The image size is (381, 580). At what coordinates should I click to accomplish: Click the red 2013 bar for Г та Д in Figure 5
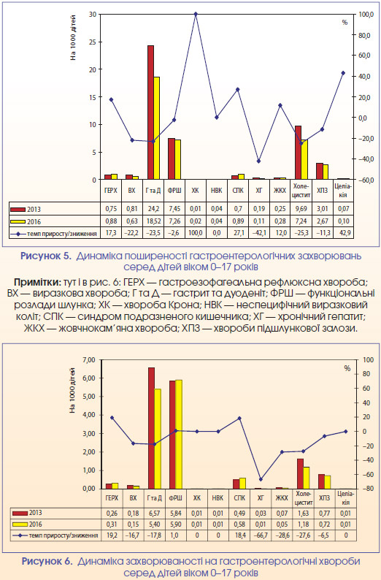(x=150, y=112)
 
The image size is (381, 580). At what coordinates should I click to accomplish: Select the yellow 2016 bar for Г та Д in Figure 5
(x=157, y=129)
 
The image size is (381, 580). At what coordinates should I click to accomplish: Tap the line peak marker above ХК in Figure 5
(x=196, y=14)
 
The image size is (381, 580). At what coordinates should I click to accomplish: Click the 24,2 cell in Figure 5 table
(x=153, y=209)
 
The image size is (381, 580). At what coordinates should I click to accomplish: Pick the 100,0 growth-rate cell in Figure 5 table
(x=196, y=234)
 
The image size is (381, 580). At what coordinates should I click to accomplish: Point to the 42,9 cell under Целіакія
(x=343, y=234)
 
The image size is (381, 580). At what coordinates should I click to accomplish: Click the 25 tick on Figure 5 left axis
(x=93, y=42)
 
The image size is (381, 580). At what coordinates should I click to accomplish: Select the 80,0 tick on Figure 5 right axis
(x=363, y=35)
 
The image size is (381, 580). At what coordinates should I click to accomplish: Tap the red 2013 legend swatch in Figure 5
(x=18, y=210)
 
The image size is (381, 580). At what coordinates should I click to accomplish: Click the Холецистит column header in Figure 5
(x=301, y=191)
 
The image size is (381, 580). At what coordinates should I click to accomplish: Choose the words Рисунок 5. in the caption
(x=45, y=256)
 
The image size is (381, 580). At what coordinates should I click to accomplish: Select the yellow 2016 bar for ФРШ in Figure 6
(x=179, y=434)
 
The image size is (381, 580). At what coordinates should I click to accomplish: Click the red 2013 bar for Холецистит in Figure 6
(x=300, y=474)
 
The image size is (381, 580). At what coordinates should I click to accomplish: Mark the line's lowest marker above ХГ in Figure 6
(x=261, y=479)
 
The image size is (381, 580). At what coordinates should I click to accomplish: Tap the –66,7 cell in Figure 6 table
(x=261, y=535)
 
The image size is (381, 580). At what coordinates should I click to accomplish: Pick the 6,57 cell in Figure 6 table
(x=154, y=513)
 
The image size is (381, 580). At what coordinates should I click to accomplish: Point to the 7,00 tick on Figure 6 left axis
(x=89, y=359)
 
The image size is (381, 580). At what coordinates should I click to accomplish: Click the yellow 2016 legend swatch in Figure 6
(x=20, y=524)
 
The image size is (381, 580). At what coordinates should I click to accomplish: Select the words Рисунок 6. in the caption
(x=47, y=561)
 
